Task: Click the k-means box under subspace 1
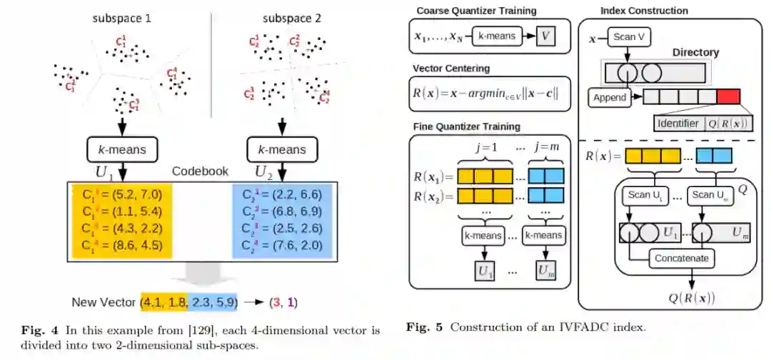click(121, 150)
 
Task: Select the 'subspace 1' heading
click(121, 19)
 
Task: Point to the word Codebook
click(201, 172)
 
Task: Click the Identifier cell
click(678, 123)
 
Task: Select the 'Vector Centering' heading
click(451, 68)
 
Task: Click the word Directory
click(695, 53)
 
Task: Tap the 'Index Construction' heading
click(644, 11)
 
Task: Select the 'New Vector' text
click(104, 302)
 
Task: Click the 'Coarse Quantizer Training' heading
click(476, 11)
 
